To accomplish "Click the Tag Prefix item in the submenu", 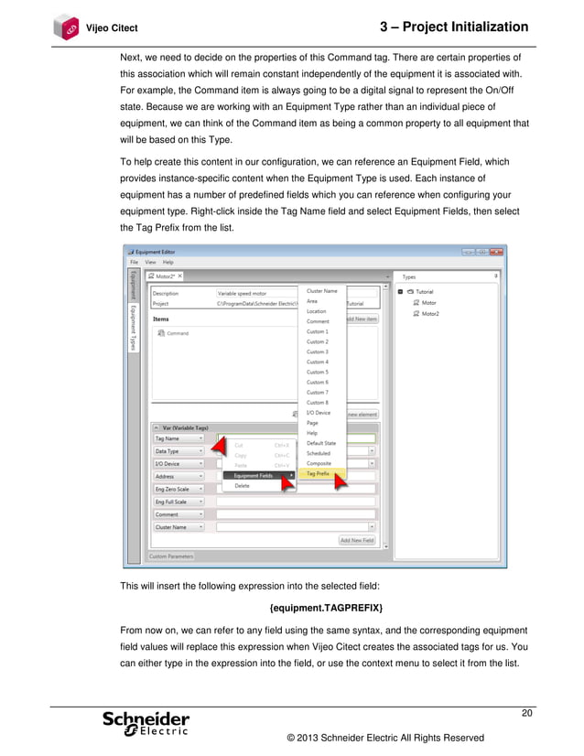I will point(319,473).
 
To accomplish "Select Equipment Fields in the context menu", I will point(254,475).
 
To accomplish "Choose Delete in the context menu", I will point(242,486).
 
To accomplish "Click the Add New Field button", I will point(357,540).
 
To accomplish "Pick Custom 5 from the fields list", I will point(317,372).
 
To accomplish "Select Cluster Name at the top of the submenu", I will point(321,290).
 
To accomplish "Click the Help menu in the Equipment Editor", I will point(168,262).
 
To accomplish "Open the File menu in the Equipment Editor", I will point(134,262).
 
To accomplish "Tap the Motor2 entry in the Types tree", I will point(428,313).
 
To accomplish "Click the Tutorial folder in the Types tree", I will point(425,291).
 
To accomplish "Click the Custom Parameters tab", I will point(171,556).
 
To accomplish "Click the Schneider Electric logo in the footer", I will point(146,722).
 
